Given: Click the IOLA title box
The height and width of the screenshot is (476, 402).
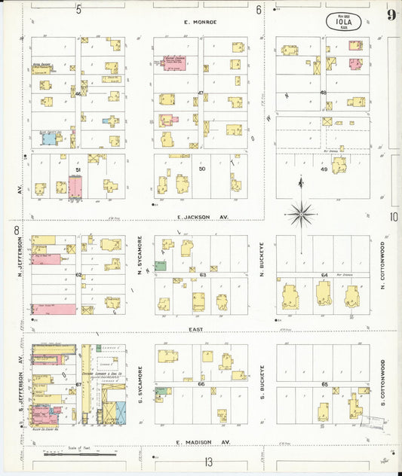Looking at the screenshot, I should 343,21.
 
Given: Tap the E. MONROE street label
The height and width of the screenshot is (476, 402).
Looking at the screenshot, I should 201,22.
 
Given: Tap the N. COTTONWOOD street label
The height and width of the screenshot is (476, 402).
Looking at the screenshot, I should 382,265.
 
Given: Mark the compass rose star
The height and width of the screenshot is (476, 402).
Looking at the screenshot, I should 302,215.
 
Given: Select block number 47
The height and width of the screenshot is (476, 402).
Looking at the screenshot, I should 201,93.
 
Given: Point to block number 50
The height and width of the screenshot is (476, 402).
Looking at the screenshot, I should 201,169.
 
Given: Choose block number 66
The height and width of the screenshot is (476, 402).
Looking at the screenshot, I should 201,384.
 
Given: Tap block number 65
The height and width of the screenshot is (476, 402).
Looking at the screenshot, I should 324,384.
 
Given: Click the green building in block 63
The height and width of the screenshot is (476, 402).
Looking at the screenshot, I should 161,266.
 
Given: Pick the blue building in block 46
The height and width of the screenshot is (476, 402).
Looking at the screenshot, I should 50,139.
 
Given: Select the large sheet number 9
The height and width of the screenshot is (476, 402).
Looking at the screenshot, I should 391,15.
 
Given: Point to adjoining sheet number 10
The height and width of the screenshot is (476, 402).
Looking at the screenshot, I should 394,217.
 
